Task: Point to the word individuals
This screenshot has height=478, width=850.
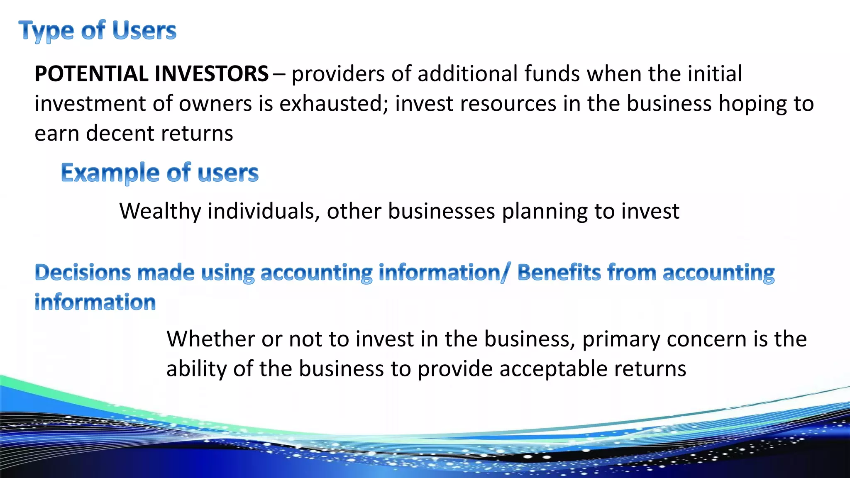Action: pyautogui.click(x=263, y=212)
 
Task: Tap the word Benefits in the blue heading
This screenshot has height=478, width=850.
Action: pyautogui.click(x=559, y=273)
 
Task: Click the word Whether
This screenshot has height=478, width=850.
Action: pyautogui.click(x=210, y=339)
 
